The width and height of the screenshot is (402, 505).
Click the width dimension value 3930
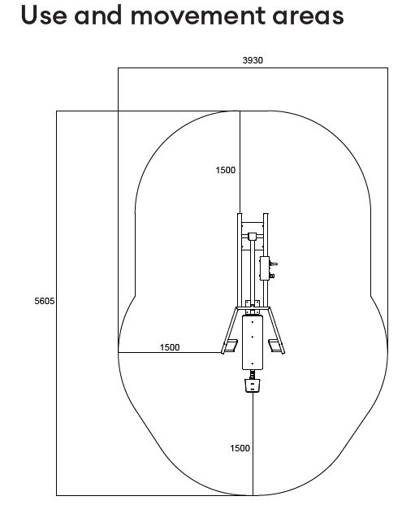pos(253,60)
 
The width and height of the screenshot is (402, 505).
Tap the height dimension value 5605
pos(45,301)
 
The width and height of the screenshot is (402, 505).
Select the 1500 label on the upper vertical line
pos(226,170)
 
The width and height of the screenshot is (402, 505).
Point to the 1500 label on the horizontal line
pos(170,347)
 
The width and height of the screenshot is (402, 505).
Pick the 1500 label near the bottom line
pos(240,448)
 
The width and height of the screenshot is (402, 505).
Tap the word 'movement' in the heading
pos(197,15)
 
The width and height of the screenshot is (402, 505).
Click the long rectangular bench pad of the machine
pos(253,342)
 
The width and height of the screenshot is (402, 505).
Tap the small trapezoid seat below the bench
pos(253,385)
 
